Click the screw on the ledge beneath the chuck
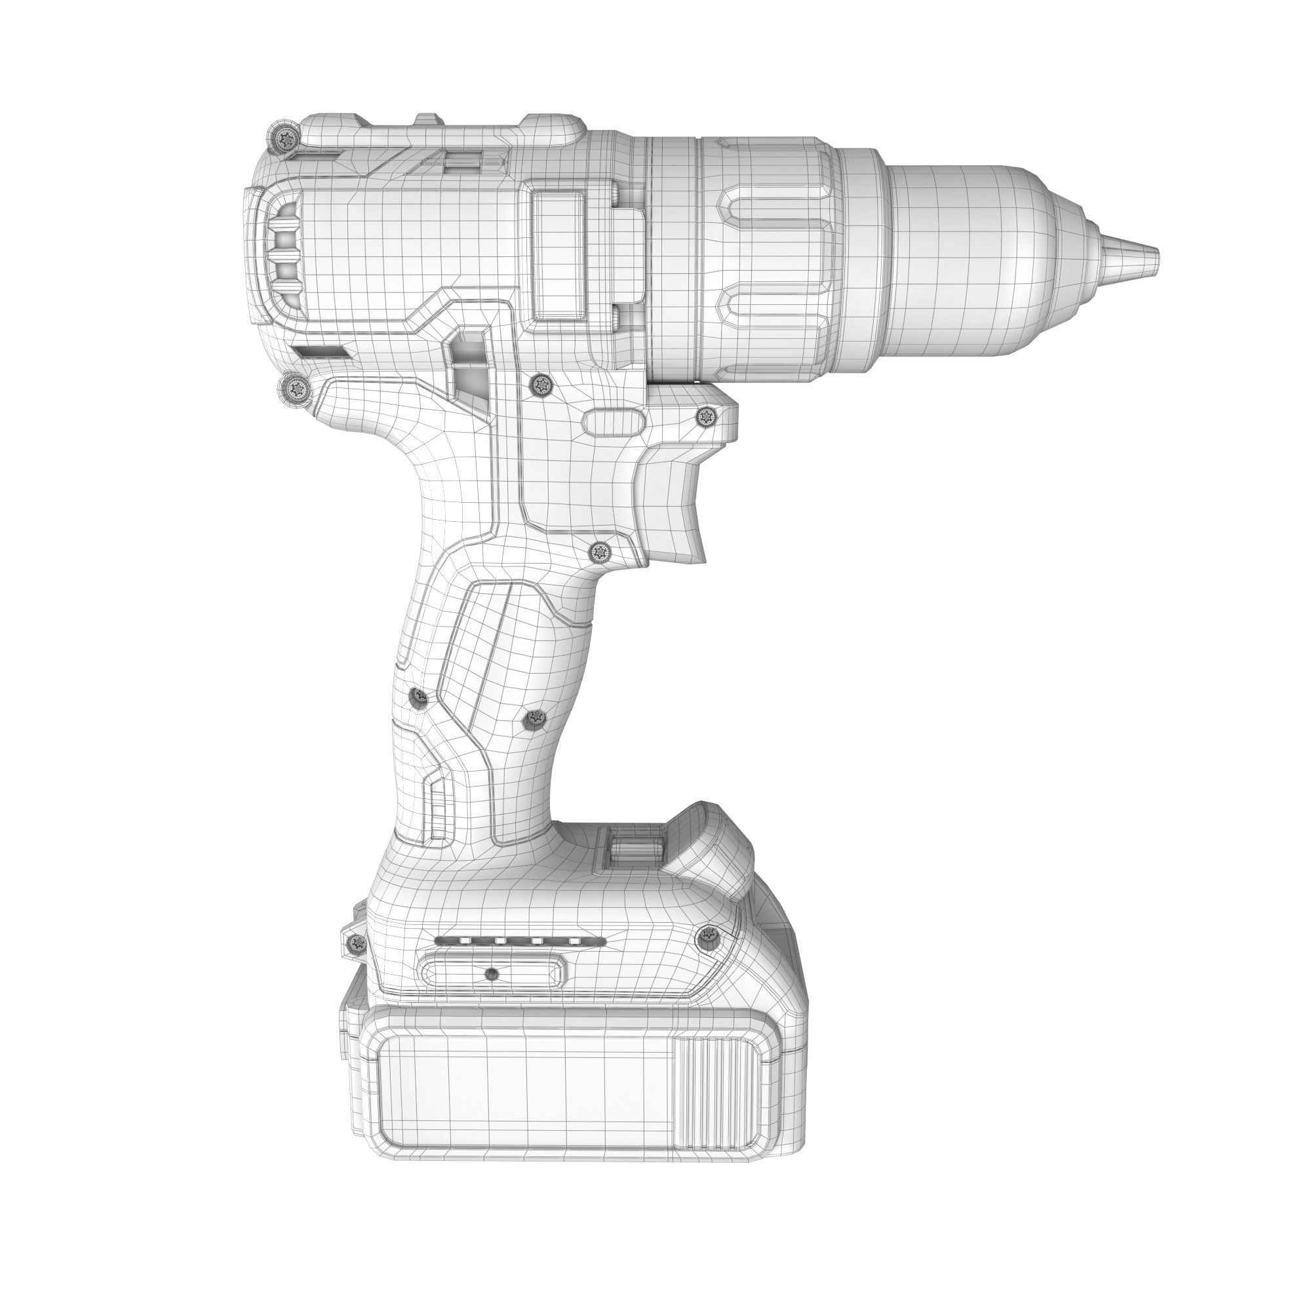point(707,416)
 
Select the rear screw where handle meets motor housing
point(296,389)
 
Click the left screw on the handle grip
point(419,697)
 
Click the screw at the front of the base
point(708,937)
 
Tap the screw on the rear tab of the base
point(355,943)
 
